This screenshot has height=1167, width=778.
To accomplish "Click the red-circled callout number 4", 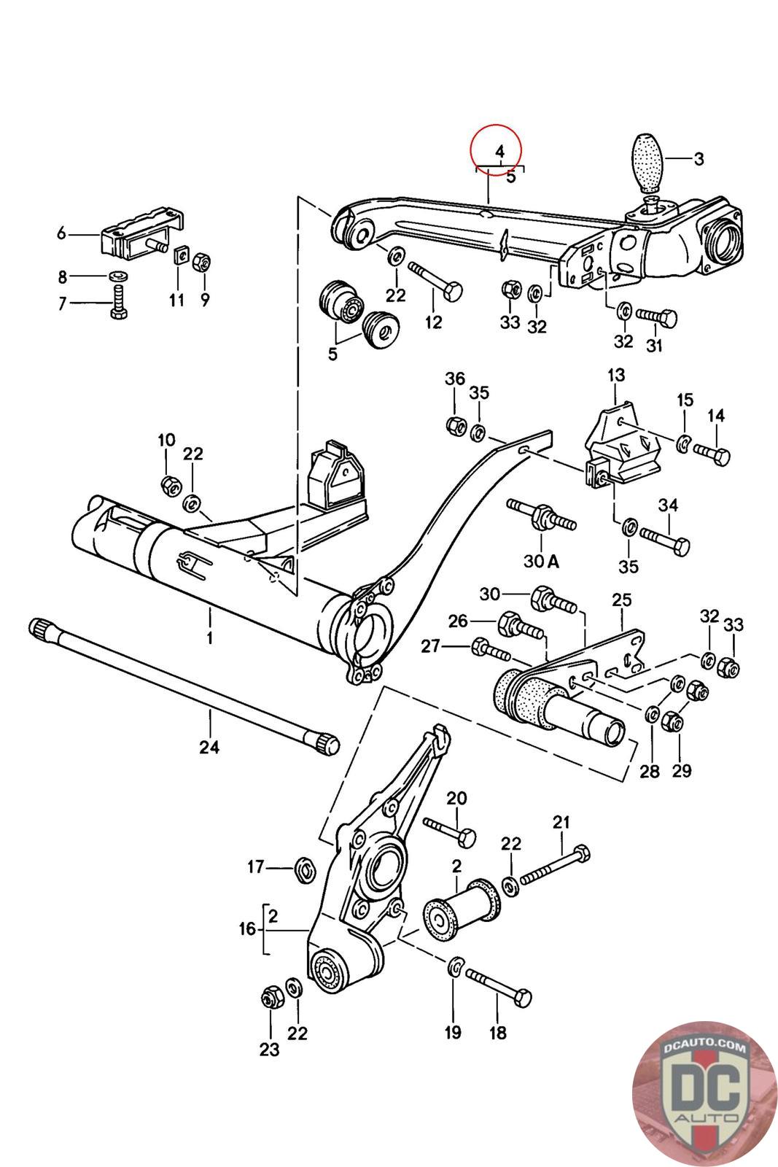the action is point(500,152).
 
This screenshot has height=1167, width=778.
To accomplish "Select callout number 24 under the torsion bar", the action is point(209,747).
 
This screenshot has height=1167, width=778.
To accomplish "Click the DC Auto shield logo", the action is point(705,1094).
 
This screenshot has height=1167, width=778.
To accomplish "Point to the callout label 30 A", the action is point(541,561).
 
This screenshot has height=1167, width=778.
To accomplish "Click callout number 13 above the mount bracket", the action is point(616,375).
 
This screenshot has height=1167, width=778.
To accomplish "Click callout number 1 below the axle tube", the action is point(209,637).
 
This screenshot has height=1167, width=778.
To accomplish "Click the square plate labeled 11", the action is point(179,255).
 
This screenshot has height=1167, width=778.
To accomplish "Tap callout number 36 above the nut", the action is point(454,379).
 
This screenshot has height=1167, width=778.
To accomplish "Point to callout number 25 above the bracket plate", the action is point(622,600).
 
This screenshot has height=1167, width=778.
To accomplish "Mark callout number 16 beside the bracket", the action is point(248,929).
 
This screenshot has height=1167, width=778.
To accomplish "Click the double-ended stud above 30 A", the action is point(542,515).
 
